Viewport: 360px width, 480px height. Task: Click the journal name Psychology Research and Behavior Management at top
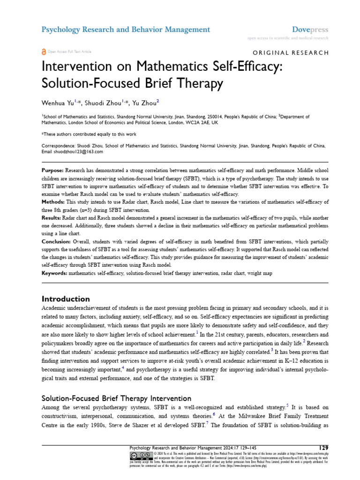(126, 30)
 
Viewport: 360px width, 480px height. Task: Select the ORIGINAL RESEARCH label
(291, 52)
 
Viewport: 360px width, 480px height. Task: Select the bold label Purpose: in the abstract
(53, 170)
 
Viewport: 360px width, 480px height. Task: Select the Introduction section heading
(66, 299)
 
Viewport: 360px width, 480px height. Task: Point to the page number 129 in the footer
(322, 448)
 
